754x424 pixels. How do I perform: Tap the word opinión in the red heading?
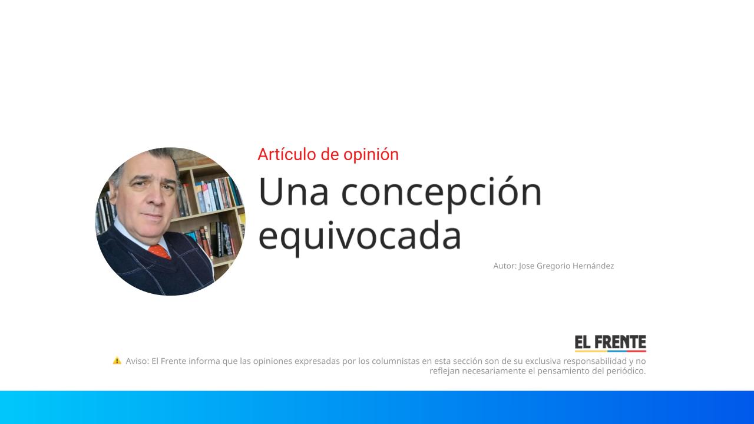point(373,155)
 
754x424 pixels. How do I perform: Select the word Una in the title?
point(293,191)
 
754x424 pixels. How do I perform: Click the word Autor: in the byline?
point(505,266)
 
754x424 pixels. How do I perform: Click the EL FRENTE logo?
point(610,343)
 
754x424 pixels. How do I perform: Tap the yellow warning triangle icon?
point(117,360)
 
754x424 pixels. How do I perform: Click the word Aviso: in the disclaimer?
point(137,361)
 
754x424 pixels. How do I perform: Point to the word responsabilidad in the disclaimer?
point(596,361)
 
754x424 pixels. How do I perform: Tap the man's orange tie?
point(160,251)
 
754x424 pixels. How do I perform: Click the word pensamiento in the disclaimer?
point(563,371)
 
